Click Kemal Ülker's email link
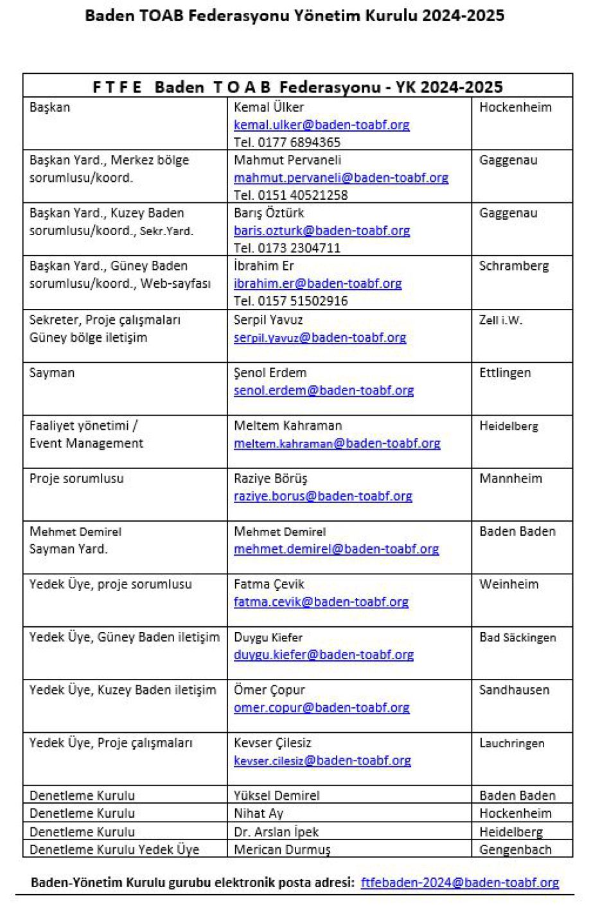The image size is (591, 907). click(x=321, y=125)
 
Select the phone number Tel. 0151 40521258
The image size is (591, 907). click(x=290, y=195)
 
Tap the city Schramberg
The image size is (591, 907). click(x=514, y=266)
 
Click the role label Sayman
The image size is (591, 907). click(x=52, y=373)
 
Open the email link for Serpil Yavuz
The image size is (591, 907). click(x=320, y=337)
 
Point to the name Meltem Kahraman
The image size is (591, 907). click(x=288, y=425)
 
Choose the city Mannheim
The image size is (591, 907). click(x=511, y=479)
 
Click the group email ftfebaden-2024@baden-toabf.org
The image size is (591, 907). click(x=460, y=883)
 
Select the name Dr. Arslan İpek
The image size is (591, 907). click(x=276, y=832)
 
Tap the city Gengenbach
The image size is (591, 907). click(x=515, y=849)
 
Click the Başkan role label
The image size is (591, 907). click(x=50, y=107)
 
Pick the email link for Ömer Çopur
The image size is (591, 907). click(x=321, y=707)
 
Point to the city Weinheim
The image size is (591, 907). click(x=509, y=584)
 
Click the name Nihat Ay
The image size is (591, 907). click(x=258, y=813)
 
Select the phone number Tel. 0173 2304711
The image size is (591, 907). click(x=287, y=248)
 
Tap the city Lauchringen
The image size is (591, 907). click(x=511, y=743)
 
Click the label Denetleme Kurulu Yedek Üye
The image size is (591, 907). click(x=114, y=849)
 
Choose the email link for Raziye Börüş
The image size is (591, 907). click(x=322, y=496)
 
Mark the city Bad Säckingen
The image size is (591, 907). click(x=517, y=637)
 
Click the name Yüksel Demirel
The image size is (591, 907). click(x=276, y=795)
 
